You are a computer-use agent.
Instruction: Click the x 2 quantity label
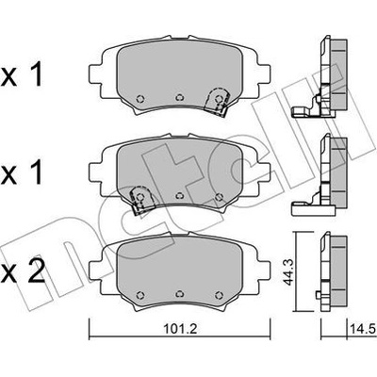click(x=23, y=273)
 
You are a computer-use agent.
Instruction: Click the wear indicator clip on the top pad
click(x=217, y=101)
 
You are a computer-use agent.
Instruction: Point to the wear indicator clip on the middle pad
click(x=142, y=200)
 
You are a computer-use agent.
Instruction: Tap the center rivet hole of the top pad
click(x=179, y=97)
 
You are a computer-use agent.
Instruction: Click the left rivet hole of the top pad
click(x=140, y=99)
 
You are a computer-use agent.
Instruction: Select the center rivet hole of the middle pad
click(x=179, y=195)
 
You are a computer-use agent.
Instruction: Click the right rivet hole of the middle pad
click(x=219, y=197)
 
